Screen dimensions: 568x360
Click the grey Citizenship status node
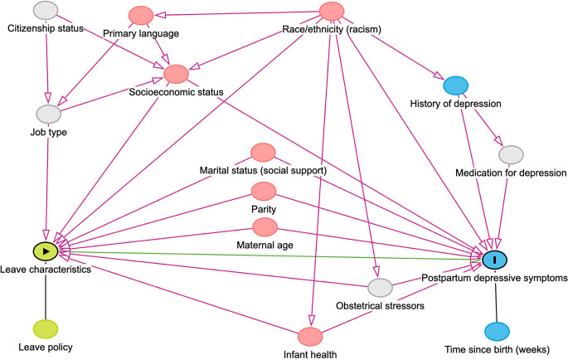46,10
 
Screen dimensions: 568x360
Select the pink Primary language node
141,16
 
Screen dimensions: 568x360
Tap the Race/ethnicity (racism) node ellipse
332,12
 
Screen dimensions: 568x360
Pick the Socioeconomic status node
176,74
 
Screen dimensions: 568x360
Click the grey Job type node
49,114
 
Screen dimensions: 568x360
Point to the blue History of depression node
456,86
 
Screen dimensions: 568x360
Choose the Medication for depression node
511,155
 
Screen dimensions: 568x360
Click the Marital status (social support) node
264,153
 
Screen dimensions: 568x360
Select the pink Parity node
264,192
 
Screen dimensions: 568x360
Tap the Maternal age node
265,227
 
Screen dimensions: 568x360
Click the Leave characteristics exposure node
46,251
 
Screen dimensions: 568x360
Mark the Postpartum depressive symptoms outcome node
495,260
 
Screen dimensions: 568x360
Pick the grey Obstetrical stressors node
380,288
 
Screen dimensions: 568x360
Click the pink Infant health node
310,337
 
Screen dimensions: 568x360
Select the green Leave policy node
46,329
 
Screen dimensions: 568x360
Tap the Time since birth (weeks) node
497,331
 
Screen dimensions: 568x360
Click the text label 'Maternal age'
265,246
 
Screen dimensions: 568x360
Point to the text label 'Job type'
49,132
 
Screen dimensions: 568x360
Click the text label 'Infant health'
310,354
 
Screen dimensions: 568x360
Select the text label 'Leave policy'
46,348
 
